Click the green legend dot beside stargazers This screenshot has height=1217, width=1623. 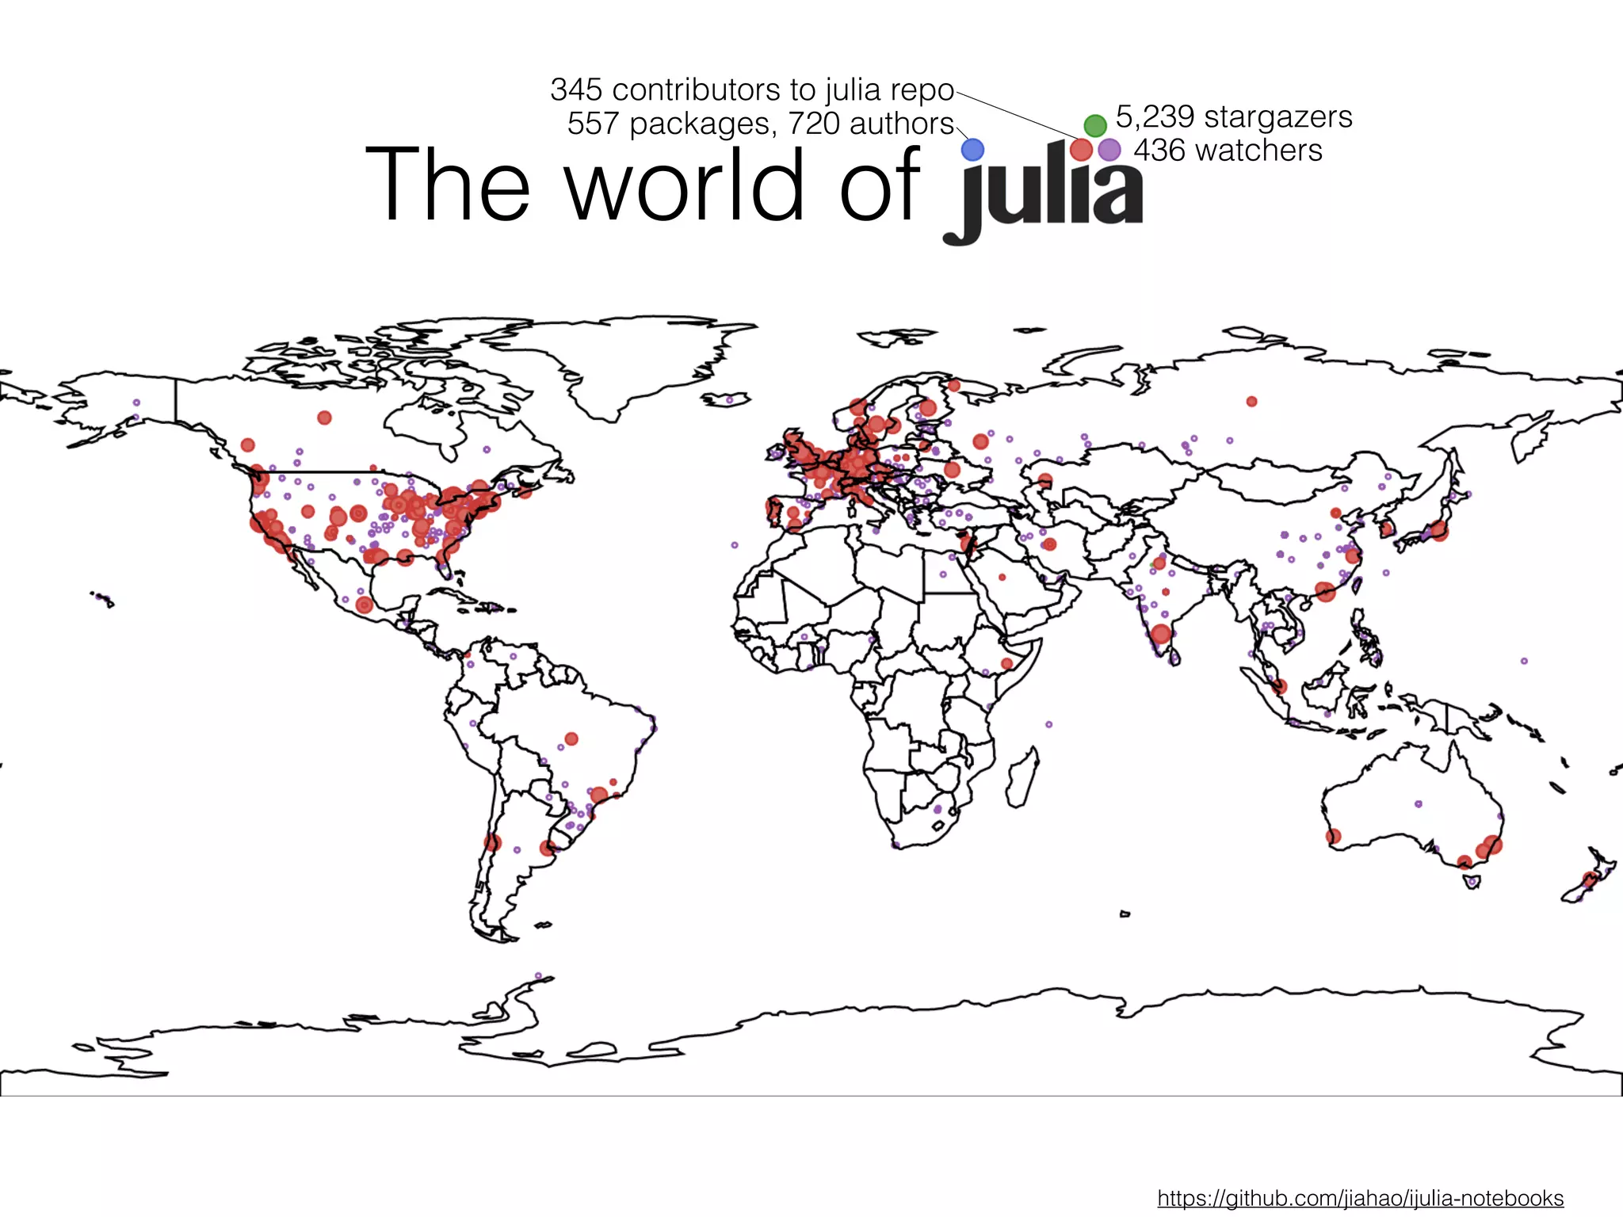pos(1094,124)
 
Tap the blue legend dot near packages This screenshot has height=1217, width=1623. pos(972,149)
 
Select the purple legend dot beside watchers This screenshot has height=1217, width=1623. pos(1109,149)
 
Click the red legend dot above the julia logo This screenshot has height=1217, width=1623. pos(1081,149)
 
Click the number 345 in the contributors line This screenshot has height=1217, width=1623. pos(576,90)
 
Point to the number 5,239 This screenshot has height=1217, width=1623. pos(1155,116)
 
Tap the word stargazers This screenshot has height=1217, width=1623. pos(1277,116)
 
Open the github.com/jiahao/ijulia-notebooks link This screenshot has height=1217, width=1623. pos(1360,1198)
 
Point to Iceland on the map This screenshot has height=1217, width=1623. pos(727,399)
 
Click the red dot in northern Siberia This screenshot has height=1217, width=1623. pos(1251,402)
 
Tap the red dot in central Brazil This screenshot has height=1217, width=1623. pos(571,738)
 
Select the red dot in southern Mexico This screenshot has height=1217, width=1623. pos(364,605)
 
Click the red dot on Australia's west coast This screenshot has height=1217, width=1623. pos(1334,836)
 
